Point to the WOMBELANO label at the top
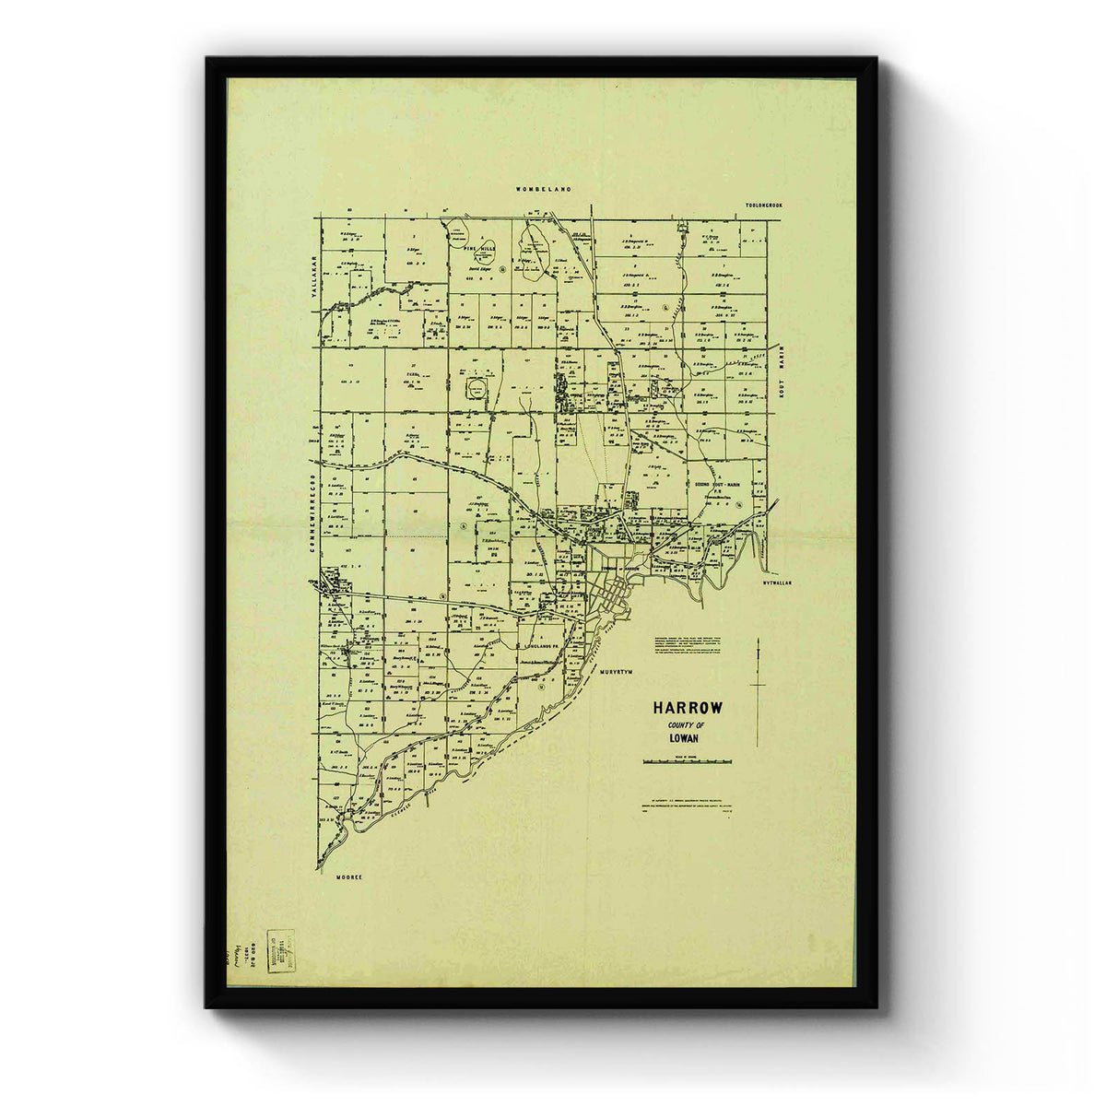(x=544, y=188)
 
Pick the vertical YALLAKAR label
(x=312, y=275)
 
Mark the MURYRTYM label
(x=619, y=674)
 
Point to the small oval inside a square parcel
(x=477, y=387)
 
